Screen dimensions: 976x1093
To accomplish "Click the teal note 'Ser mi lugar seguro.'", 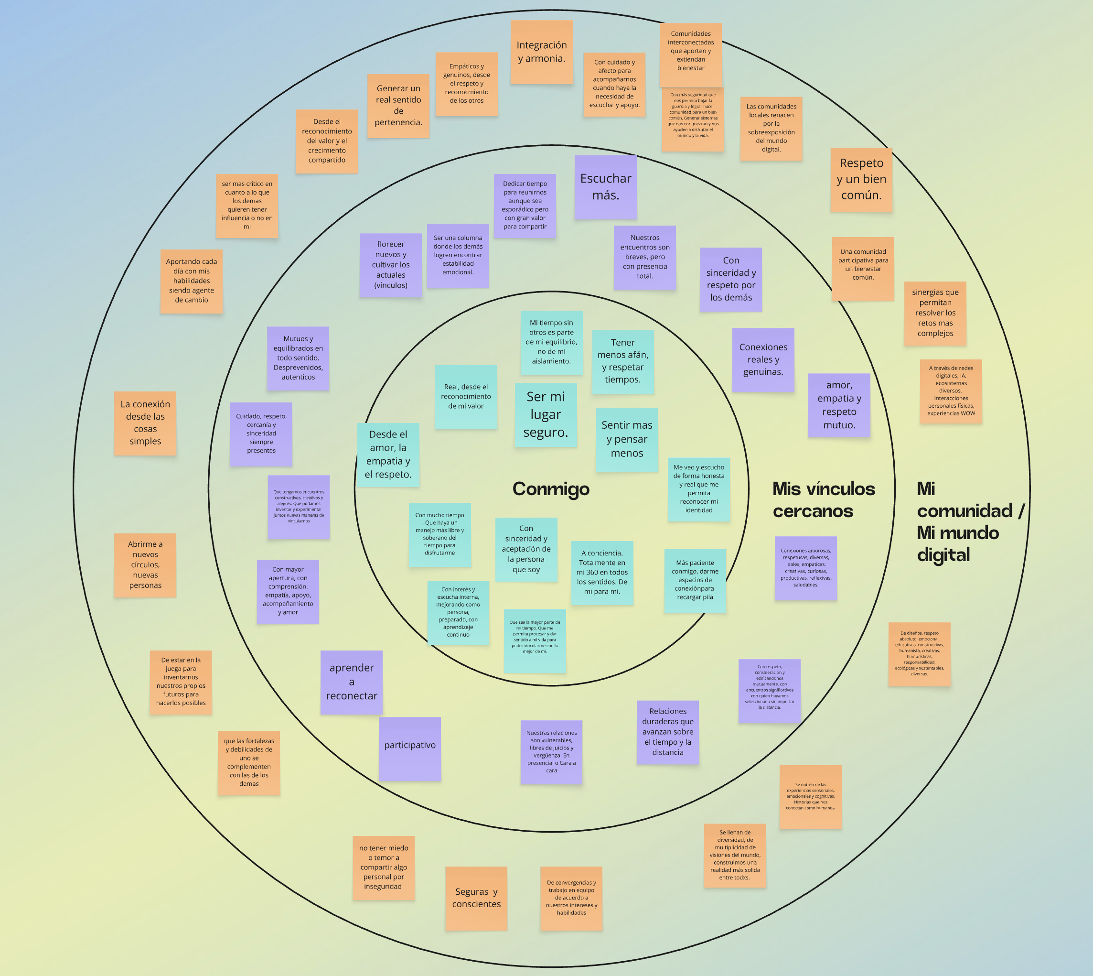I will (546, 414).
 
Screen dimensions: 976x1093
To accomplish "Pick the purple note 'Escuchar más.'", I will (605, 186).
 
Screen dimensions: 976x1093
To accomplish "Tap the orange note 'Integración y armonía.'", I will (541, 52).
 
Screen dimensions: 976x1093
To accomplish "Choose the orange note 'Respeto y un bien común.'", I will (861, 179).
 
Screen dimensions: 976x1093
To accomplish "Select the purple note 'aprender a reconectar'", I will (351, 682).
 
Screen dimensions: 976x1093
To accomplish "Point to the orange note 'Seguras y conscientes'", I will (476, 898).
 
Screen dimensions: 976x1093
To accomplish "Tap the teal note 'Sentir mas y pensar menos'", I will (627, 439).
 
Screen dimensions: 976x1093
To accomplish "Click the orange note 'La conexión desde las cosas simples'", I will (145, 423).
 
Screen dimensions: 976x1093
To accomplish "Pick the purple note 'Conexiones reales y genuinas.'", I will (763, 359).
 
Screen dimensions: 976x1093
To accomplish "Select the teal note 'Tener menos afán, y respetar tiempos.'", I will (622, 361).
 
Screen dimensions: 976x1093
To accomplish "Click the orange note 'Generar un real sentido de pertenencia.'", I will (398, 106).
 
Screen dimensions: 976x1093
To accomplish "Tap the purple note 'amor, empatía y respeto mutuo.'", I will (839, 405).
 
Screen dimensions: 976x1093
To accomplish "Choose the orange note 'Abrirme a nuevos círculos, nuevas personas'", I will (145, 564).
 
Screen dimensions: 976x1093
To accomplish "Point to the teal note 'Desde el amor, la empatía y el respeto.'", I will (387, 454).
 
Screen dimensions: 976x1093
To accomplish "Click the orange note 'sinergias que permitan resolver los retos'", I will (935, 313).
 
